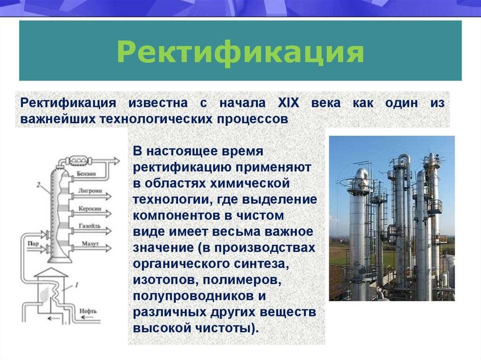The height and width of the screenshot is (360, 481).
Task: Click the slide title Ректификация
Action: point(240,52)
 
